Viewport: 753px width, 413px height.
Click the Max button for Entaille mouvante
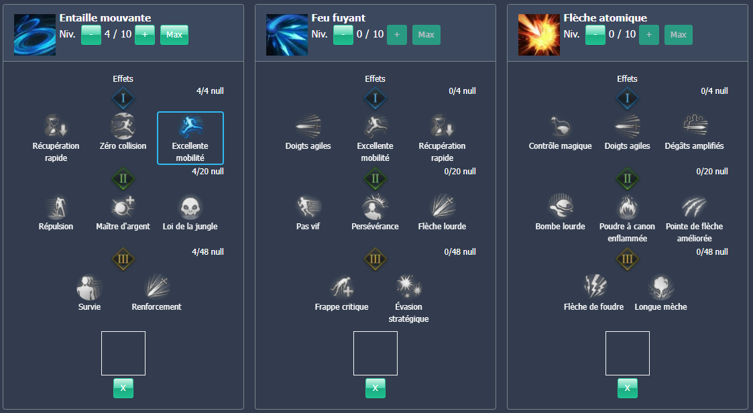[174, 35]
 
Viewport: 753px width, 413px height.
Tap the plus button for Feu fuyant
[397, 35]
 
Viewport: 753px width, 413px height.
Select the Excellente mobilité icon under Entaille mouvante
[190, 126]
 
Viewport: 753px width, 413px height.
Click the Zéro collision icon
[123, 126]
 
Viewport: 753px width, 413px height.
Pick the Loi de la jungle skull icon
[190, 206]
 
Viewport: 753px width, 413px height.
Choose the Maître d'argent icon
[123, 206]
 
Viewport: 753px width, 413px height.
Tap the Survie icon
[89, 287]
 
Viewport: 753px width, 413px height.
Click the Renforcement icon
[157, 287]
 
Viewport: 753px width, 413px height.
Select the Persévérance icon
[375, 206]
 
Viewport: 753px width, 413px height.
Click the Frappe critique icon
[341, 287]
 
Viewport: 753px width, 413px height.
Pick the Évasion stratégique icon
[409, 287]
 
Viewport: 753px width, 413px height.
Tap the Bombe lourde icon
[561, 206]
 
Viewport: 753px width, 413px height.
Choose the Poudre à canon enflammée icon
[628, 206]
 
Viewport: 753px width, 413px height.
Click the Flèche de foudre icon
[594, 287]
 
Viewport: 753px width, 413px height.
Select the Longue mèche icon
[661, 287]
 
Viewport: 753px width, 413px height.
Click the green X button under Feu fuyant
[375, 388]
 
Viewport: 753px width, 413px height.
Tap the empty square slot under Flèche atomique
[628, 353]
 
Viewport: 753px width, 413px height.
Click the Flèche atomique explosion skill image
[539, 35]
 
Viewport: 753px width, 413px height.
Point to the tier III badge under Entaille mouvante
[123, 259]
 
